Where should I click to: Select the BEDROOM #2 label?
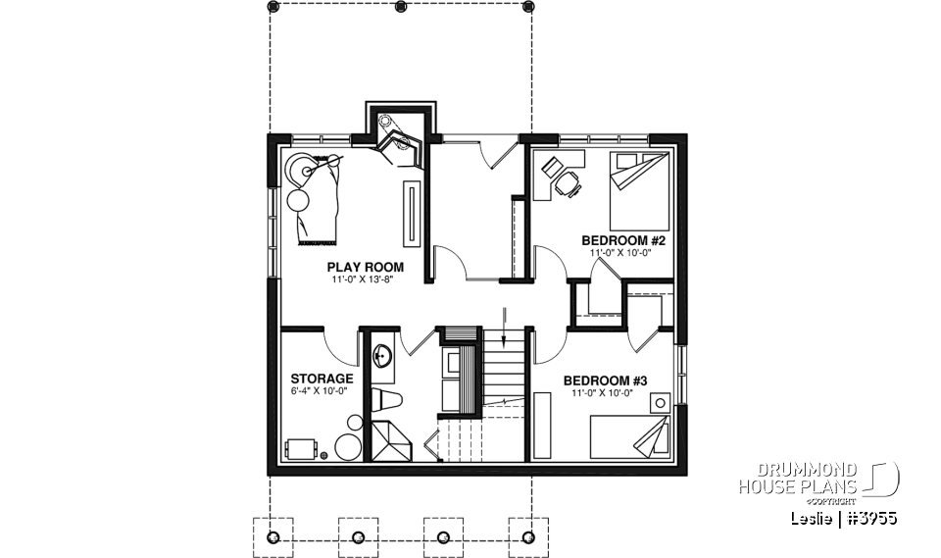(623, 240)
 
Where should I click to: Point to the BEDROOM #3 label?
(605, 380)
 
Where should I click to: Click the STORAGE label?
(321, 379)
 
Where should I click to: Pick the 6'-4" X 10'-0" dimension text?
(320, 391)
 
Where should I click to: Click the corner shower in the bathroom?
(390, 440)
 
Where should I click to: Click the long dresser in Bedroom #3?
(540, 422)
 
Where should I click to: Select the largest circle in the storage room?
(348, 447)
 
